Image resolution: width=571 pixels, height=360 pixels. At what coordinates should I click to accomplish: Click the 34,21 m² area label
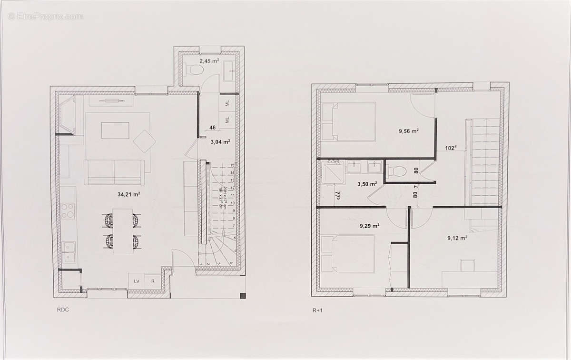pyautogui.click(x=128, y=194)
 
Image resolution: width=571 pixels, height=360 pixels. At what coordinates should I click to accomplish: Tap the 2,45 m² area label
pyautogui.click(x=209, y=61)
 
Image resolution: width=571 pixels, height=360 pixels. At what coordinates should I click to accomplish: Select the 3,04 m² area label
pyautogui.click(x=220, y=141)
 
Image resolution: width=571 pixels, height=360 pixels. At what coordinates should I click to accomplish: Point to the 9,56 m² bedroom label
pyautogui.click(x=409, y=130)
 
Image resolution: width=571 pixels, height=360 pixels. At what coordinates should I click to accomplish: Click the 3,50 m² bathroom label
pyautogui.click(x=367, y=183)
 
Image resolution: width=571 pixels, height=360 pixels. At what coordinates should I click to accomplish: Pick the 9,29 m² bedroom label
pyautogui.click(x=369, y=226)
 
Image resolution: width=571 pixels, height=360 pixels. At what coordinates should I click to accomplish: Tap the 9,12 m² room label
pyautogui.click(x=457, y=237)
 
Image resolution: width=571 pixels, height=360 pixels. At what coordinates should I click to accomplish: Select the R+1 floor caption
pyautogui.click(x=317, y=310)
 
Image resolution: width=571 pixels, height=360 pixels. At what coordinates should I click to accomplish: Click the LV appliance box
pyautogui.click(x=137, y=281)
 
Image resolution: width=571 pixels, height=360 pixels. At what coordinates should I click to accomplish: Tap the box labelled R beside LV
pyautogui.click(x=152, y=281)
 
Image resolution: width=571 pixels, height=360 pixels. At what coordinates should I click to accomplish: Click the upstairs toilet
pyautogui.click(x=396, y=170)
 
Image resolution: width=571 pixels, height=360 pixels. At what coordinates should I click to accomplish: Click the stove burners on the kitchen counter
pyautogui.click(x=68, y=210)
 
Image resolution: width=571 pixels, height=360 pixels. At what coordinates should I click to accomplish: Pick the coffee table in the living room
pyautogui.click(x=115, y=130)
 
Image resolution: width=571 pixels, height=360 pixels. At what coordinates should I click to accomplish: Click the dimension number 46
pyautogui.click(x=213, y=128)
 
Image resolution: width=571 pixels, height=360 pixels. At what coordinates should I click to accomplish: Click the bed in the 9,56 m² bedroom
pyautogui.click(x=349, y=121)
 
